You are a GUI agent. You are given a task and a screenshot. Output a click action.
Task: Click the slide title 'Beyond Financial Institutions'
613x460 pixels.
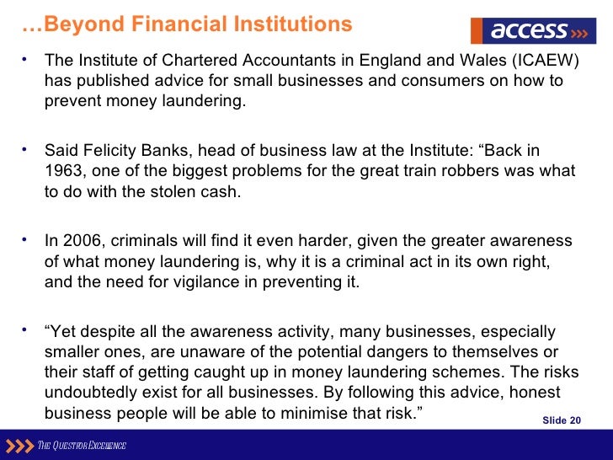click(187, 24)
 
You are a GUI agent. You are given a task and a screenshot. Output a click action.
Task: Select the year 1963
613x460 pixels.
click(65, 171)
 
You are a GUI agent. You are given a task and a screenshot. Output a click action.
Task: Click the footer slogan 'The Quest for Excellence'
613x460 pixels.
click(81, 445)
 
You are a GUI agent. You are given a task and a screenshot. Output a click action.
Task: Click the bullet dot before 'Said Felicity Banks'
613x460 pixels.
click(26, 149)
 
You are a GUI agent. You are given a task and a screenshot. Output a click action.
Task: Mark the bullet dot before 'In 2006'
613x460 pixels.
click(26, 239)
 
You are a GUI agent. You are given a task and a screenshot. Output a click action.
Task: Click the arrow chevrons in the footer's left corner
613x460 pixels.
click(18, 445)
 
